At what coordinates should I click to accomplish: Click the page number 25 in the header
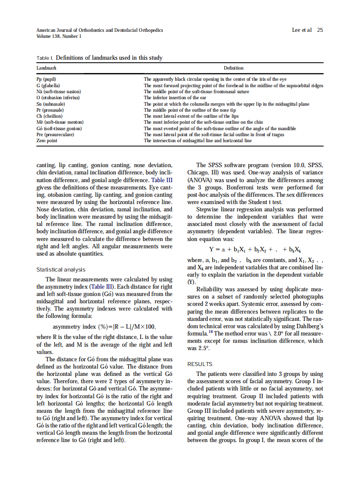pyautogui.click(x=320, y=30)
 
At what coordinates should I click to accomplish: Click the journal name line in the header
pyautogui.click(x=100, y=30)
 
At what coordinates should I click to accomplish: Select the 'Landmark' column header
pyautogui.click(x=46, y=68)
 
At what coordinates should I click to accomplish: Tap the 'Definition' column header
pyautogui.click(x=234, y=68)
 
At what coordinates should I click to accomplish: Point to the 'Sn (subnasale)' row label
pyautogui.click(x=51, y=104)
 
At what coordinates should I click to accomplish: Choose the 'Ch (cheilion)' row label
pyautogui.click(x=49, y=116)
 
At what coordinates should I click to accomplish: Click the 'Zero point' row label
pyautogui.click(x=47, y=140)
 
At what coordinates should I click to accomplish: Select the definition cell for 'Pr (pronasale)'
pyautogui.click(x=189, y=110)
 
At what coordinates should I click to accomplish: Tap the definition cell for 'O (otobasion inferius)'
pyautogui.click(x=177, y=98)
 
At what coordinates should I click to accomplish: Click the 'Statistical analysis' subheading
pyautogui.click(x=61, y=270)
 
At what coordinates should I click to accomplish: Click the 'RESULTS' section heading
pyautogui.click(x=200, y=364)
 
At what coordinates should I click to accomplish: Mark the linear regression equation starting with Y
pyautogui.click(x=255, y=250)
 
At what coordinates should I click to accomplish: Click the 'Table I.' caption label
pyautogui.click(x=45, y=58)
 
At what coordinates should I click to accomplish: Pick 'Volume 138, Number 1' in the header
pyautogui.click(x=59, y=37)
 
